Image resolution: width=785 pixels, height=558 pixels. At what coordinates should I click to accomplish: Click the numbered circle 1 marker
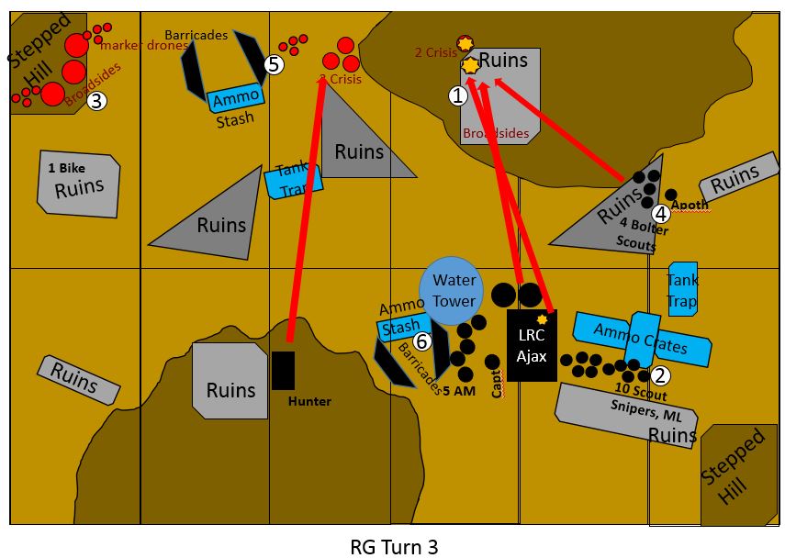pos(457,95)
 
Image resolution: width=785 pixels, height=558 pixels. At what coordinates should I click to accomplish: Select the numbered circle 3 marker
pos(97,102)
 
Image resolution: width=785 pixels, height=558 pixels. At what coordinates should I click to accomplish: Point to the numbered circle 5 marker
pos(274,64)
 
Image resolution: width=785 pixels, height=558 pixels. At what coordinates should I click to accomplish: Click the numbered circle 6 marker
pos(421,341)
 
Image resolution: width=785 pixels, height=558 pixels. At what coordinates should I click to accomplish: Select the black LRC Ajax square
pos(532,345)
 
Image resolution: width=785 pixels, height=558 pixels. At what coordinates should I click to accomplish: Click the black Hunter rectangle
pos(284,370)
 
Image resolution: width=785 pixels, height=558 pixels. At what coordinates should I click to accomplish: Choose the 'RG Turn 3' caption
pos(394,547)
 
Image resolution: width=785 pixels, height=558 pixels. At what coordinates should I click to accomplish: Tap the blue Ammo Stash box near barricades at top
pos(236,97)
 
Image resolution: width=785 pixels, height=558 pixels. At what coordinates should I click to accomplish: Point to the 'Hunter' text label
pos(308,401)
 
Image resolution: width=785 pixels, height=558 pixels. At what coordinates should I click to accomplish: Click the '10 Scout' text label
pos(641,394)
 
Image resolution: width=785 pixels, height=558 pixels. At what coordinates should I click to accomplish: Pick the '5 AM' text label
pos(459,391)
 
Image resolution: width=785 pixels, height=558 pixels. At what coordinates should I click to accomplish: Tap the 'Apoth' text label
pos(690,206)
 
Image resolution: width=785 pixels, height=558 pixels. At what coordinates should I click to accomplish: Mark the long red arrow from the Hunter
pos(306,211)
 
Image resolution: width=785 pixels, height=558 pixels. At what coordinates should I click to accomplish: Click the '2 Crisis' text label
pos(435,52)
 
